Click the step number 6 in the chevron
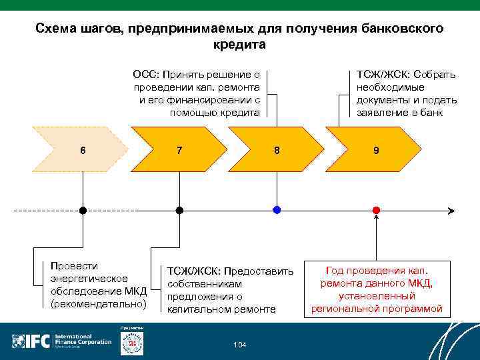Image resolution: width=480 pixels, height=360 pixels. click(83, 150)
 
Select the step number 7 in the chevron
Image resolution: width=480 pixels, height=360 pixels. click(179, 150)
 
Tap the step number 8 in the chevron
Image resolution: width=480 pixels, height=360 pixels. click(277, 150)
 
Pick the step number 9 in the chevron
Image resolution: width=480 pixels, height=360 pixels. click(376, 150)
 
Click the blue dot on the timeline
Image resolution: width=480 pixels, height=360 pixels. click(277, 210)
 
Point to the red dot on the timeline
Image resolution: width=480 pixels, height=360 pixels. click(376, 210)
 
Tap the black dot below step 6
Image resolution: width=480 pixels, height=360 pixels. click(83, 210)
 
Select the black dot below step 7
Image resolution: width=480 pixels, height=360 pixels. click(179, 210)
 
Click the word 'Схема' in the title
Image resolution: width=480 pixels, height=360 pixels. click(56, 29)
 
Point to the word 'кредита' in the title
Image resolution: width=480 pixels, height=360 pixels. click(239, 45)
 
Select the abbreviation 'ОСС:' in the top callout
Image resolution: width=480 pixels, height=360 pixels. click(146, 74)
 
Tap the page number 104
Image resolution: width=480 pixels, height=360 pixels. click(240, 345)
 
